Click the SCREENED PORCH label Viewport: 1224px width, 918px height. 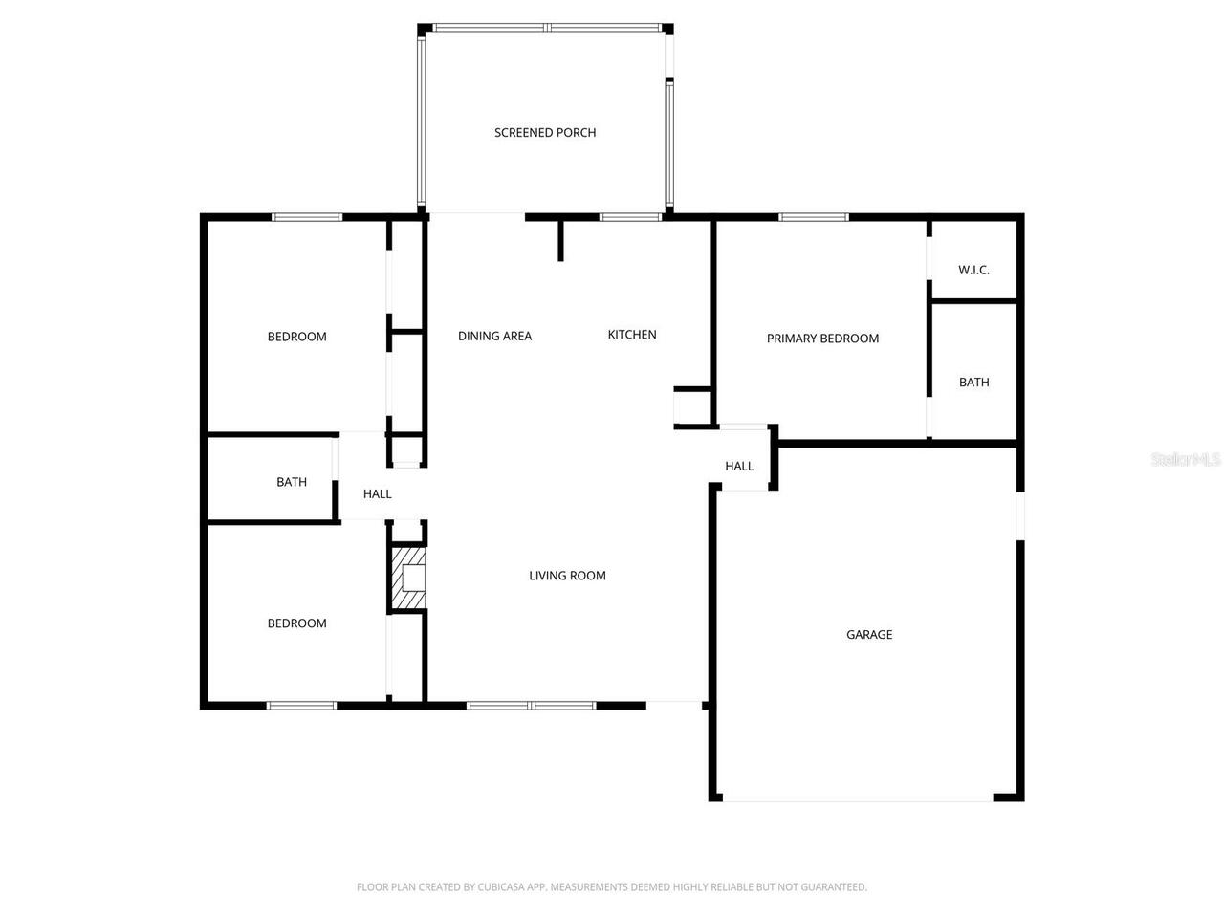click(545, 133)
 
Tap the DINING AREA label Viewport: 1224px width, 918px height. click(494, 336)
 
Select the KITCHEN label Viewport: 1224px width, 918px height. click(632, 335)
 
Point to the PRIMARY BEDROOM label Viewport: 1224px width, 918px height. click(822, 339)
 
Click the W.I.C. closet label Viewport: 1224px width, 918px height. click(973, 270)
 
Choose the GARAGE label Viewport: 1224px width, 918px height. click(869, 635)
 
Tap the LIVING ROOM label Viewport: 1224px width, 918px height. click(567, 576)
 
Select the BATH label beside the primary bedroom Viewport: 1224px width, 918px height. click(973, 382)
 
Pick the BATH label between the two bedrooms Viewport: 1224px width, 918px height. click(292, 482)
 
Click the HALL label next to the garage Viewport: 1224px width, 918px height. click(739, 467)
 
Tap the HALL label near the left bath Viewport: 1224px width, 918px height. click(378, 494)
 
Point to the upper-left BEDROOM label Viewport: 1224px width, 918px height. click(296, 337)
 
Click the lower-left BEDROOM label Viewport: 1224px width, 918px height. click(296, 623)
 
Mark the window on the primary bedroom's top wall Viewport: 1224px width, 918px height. click(814, 217)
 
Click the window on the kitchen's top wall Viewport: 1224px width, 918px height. click(630, 217)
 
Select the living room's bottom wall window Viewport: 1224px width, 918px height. click(531, 706)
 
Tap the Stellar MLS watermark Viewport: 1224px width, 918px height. click(1186, 460)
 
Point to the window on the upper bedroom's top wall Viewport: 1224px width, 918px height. click(307, 217)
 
